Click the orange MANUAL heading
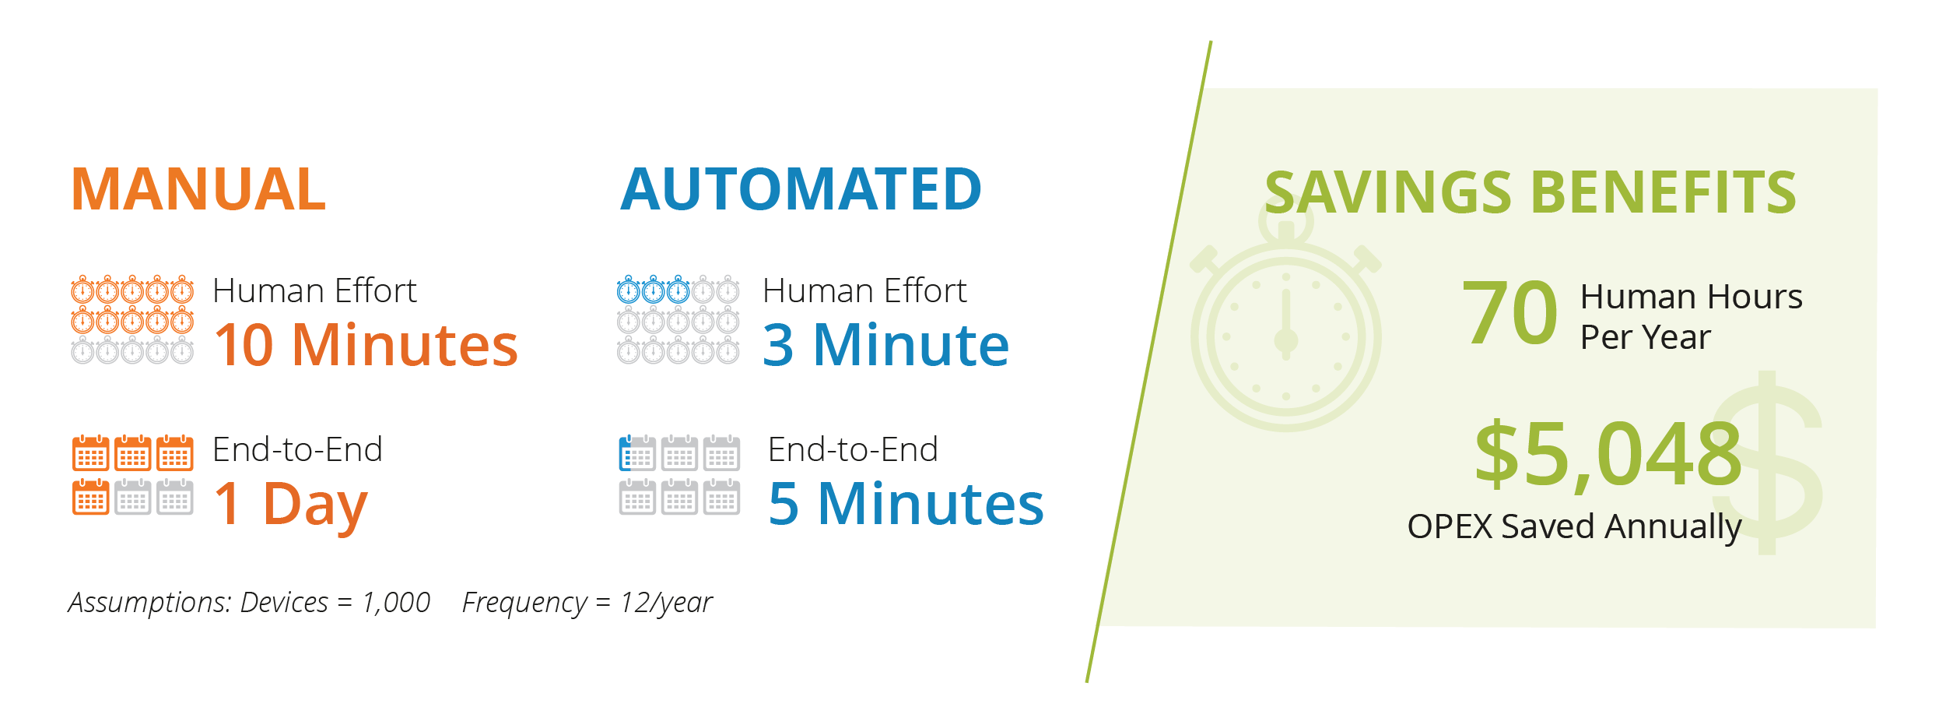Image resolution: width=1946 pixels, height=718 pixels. [198, 189]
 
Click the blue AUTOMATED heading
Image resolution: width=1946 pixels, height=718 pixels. [801, 189]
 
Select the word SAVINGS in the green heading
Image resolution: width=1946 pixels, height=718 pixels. [1388, 192]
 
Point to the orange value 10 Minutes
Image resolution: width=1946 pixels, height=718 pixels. [366, 345]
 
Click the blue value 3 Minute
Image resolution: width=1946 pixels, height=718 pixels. [885, 345]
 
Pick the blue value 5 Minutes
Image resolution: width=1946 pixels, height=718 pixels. [906, 504]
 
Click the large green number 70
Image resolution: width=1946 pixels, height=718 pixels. [1509, 313]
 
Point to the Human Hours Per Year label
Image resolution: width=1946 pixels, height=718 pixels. [1691, 317]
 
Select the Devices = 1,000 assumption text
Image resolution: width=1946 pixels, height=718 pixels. [335, 603]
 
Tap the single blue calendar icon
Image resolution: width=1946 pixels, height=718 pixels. [636, 453]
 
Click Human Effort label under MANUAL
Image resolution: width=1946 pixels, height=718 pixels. [314, 291]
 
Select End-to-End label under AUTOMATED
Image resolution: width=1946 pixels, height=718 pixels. [853, 450]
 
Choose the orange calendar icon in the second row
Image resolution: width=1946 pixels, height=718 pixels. [90, 497]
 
